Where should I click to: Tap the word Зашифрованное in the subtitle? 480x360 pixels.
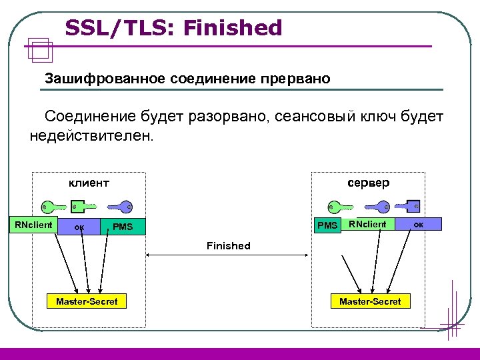tap(105, 79)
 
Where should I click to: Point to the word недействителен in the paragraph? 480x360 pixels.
tap(91, 137)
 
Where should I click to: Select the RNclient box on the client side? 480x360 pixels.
tap(33, 225)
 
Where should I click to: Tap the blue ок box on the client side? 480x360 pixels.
tap(79, 226)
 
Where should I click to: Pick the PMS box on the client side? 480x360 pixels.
tap(123, 227)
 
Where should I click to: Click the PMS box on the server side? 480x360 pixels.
tap(327, 225)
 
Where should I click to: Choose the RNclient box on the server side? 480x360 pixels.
tap(367, 225)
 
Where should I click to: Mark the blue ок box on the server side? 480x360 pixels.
tap(418, 225)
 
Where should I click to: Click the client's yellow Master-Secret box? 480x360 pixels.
tap(87, 302)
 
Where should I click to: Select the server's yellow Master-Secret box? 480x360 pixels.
tap(370, 302)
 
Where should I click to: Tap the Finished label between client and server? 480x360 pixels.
tap(228, 246)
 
